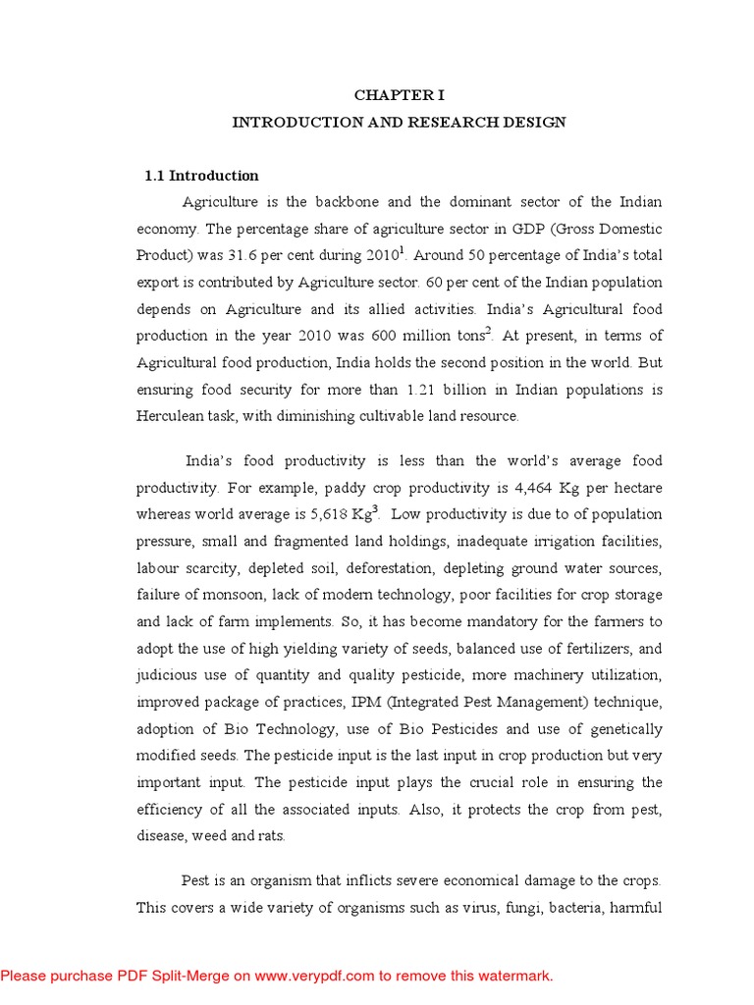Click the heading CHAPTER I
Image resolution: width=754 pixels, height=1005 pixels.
tap(400, 95)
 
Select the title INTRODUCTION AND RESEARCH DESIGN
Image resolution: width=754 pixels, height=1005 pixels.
tap(399, 123)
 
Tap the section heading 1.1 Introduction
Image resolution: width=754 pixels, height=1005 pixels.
tap(201, 176)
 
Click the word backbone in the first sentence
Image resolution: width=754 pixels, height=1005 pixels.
tap(349, 202)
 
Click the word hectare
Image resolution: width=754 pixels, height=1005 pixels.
tap(635, 488)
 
